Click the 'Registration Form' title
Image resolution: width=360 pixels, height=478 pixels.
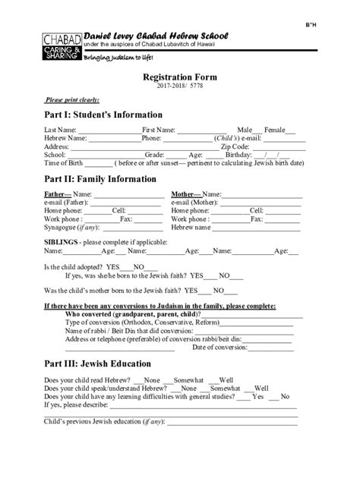179,78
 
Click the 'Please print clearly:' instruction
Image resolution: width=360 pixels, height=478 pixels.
73,99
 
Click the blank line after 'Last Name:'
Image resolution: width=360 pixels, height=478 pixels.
109,131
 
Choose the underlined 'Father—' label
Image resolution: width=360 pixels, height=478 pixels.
57,195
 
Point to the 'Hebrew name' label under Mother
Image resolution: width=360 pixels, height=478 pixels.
190,227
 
